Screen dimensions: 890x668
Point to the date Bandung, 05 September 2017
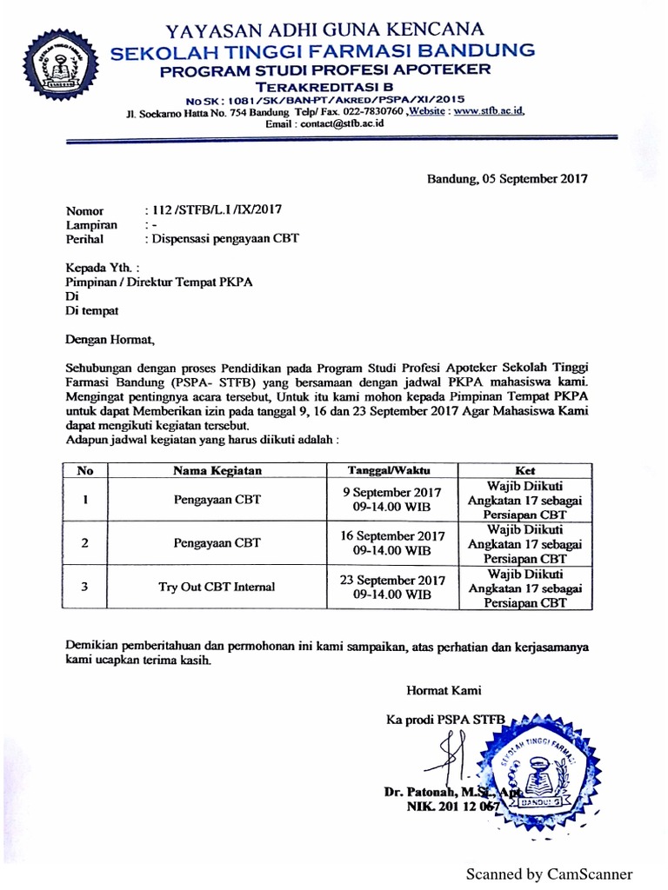point(506,179)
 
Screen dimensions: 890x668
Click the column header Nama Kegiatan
point(217,470)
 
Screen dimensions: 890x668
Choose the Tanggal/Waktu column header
point(392,470)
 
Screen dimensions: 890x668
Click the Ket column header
point(524,470)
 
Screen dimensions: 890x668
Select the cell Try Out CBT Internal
point(217,587)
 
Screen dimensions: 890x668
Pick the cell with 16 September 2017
point(392,542)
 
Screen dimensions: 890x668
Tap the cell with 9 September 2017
point(392,499)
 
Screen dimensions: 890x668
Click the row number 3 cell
point(84,587)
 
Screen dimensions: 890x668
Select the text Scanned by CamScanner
point(549,873)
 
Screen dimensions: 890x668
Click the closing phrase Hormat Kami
point(444,691)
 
